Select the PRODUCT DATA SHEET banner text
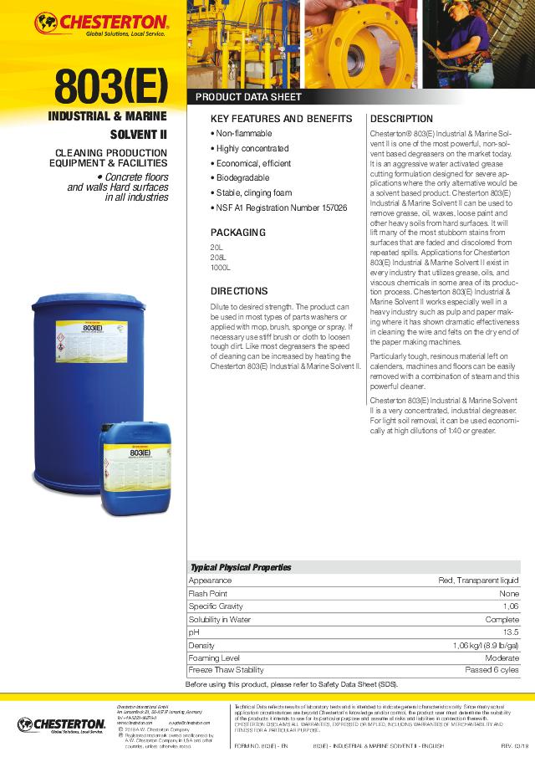tap(247, 97)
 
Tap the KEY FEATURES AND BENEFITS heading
tap(281, 119)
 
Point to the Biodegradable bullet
tap(240, 178)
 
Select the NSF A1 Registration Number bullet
tap(278, 207)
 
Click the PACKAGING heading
tap(237, 232)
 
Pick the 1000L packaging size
tap(220, 268)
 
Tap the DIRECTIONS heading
tap(239, 291)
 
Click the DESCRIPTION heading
tap(401, 119)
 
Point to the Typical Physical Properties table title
tap(241, 567)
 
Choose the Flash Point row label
tap(207, 593)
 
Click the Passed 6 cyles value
tap(492, 671)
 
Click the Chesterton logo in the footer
tap(60, 724)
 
